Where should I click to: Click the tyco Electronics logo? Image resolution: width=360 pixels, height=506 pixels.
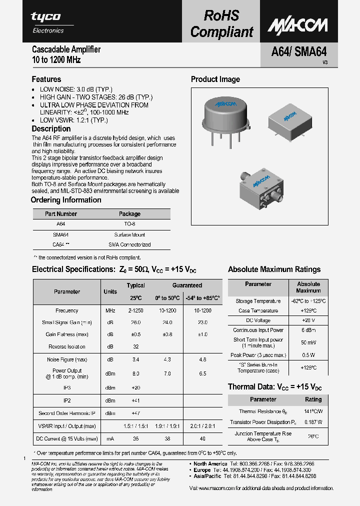[x=47, y=22]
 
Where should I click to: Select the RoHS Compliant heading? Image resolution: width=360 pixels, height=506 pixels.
[x=221, y=23]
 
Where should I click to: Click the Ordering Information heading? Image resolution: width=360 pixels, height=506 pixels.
[x=66, y=200]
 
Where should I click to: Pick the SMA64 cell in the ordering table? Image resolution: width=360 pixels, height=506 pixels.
[x=60, y=234]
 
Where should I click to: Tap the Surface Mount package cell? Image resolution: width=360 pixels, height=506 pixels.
[x=129, y=234]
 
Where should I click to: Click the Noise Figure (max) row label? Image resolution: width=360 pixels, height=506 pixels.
[x=67, y=360]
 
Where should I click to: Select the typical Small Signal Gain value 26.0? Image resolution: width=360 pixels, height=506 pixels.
[x=135, y=322]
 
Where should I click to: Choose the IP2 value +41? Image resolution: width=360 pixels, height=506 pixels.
[x=135, y=400]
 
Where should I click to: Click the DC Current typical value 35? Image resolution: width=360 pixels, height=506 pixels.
[x=135, y=438]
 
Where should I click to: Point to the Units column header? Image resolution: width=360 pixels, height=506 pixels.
[x=110, y=291]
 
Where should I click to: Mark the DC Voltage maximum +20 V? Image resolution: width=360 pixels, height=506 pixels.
[x=308, y=320]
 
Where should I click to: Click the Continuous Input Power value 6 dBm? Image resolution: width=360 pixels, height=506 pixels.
[x=308, y=330]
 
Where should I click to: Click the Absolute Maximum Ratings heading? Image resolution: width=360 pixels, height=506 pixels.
[x=274, y=269]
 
